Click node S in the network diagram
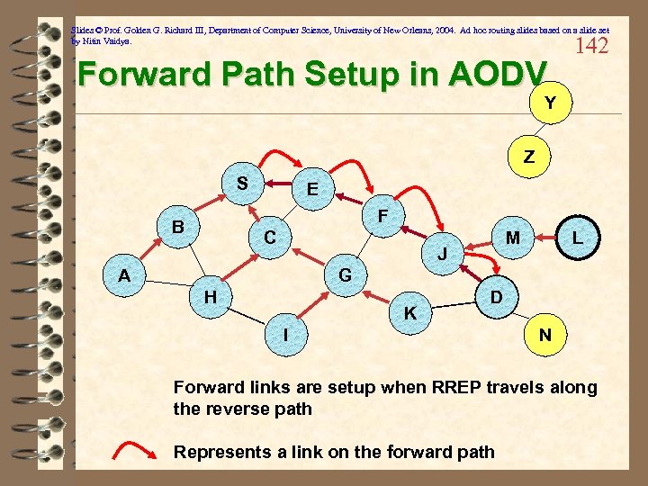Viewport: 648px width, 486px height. (x=242, y=184)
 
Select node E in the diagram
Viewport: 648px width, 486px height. (x=311, y=190)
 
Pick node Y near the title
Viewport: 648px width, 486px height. (x=548, y=103)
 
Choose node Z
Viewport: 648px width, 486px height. (x=529, y=157)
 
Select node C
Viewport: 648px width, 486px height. (x=269, y=238)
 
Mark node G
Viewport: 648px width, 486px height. (x=344, y=274)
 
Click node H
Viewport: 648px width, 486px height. (x=210, y=296)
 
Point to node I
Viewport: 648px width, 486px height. (x=285, y=334)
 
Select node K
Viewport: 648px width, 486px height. (x=409, y=314)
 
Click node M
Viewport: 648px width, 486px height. (x=513, y=238)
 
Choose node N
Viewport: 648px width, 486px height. (x=544, y=335)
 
